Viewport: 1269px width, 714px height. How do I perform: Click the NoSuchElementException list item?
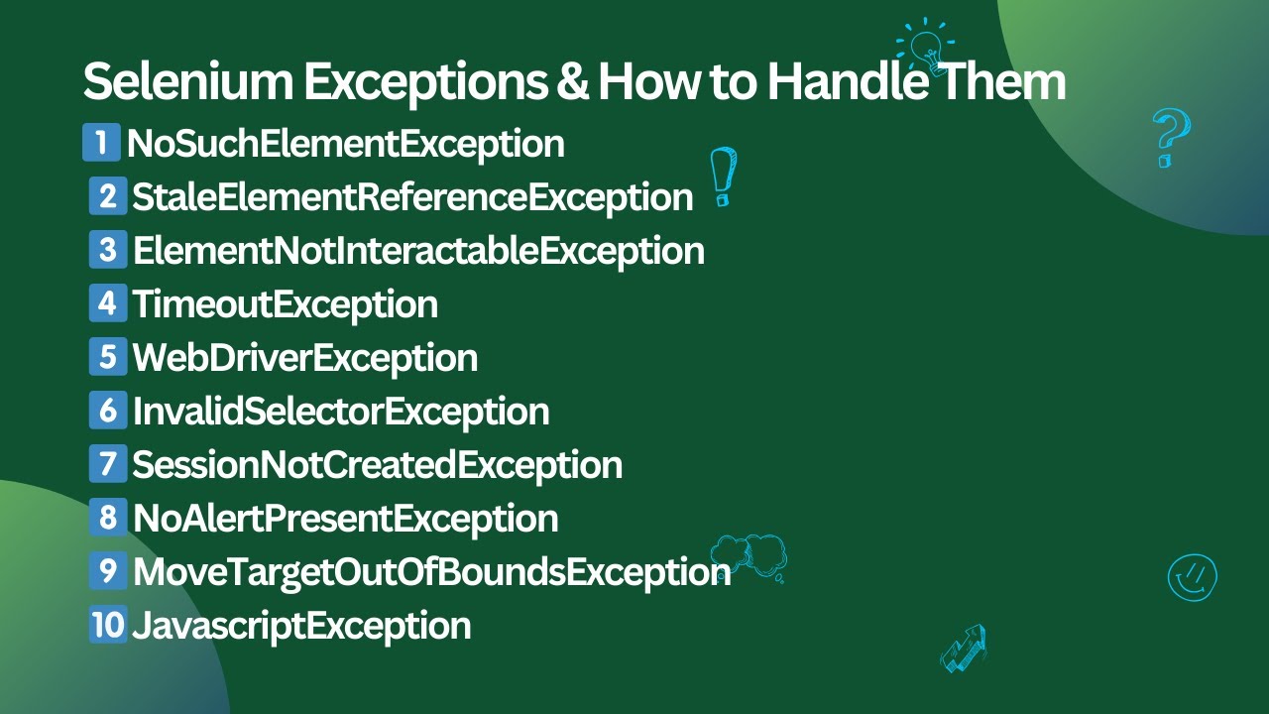pyautogui.click(x=345, y=145)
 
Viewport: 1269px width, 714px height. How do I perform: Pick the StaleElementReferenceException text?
pyautogui.click(x=412, y=197)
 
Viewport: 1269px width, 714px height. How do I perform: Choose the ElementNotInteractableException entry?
pyautogui.click(x=418, y=251)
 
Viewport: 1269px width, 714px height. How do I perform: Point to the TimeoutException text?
pyautogui.click(x=286, y=304)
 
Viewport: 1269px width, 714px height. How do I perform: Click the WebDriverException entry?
pyautogui.click(x=305, y=358)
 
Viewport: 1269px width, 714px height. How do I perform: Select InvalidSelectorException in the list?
pyautogui.click(x=341, y=412)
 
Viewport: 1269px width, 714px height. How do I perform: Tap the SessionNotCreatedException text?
pyautogui.click(x=378, y=465)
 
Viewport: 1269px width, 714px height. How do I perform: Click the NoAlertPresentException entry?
pyautogui.click(x=345, y=519)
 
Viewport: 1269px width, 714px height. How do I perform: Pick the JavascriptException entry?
pyautogui.click(x=301, y=626)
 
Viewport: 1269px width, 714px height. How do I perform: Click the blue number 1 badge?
pyautogui.click(x=101, y=143)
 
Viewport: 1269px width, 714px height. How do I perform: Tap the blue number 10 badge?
pyautogui.click(x=108, y=625)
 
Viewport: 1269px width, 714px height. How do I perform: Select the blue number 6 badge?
pyautogui.click(x=108, y=411)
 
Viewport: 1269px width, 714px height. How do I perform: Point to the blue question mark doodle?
pyautogui.click(x=1170, y=138)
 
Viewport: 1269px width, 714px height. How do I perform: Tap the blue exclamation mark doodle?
pyautogui.click(x=724, y=177)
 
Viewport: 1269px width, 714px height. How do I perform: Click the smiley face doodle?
pyautogui.click(x=1192, y=577)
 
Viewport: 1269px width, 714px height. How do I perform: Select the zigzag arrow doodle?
pyautogui.click(x=964, y=649)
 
